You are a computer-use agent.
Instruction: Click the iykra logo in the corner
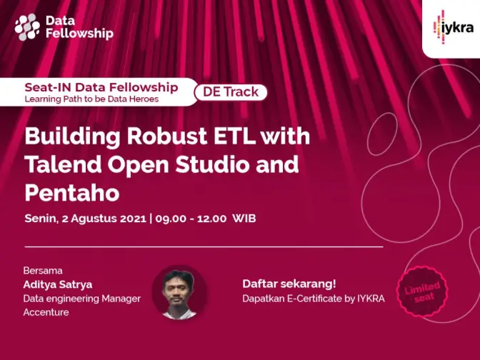tap(454, 27)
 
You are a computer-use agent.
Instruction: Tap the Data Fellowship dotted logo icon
tap(27, 27)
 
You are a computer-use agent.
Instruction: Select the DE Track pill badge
tap(231, 92)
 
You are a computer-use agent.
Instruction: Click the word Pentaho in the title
tap(72, 193)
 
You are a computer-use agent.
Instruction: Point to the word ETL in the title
tap(234, 136)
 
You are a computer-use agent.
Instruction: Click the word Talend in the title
tap(63, 164)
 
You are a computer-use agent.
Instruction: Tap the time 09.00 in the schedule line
tap(171, 219)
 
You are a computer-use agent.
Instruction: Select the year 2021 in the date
tap(133, 219)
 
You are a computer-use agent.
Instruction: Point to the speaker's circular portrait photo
tap(179, 293)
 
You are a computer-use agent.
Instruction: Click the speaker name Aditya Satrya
tap(58, 285)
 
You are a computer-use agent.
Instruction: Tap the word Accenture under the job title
tap(46, 312)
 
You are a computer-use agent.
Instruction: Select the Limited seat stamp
tap(422, 291)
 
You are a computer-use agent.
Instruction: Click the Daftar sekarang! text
tap(289, 284)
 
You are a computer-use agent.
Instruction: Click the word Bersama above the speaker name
tap(43, 271)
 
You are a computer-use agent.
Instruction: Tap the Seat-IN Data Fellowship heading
tap(101, 88)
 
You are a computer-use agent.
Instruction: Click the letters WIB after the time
tap(244, 219)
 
